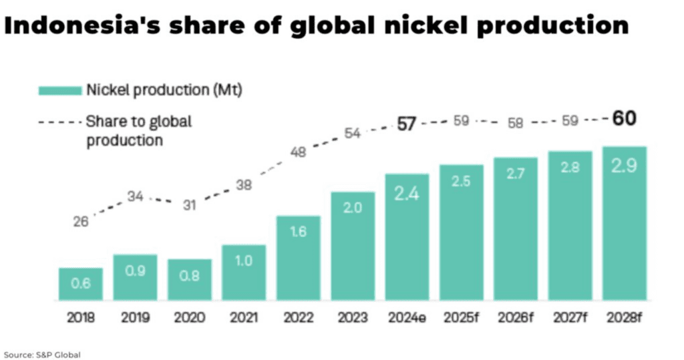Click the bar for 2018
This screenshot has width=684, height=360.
(80, 284)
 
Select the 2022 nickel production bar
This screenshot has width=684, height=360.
(298, 258)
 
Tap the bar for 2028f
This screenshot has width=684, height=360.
(625, 223)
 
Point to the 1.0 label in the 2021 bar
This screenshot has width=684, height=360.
(244, 261)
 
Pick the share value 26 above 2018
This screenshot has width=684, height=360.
(81, 222)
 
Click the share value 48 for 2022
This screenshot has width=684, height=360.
(298, 152)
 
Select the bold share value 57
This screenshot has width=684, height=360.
(407, 124)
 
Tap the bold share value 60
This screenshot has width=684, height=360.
(625, 119)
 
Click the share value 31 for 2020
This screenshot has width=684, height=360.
(190, 206)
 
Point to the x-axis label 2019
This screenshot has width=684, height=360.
(135, 319)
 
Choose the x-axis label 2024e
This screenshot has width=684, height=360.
(407, 319)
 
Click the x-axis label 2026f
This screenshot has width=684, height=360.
(516, 319)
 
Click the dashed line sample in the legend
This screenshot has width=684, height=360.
(59, 122)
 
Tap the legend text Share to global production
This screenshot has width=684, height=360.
(138, 131)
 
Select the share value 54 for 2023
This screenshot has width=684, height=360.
(352, 134)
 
